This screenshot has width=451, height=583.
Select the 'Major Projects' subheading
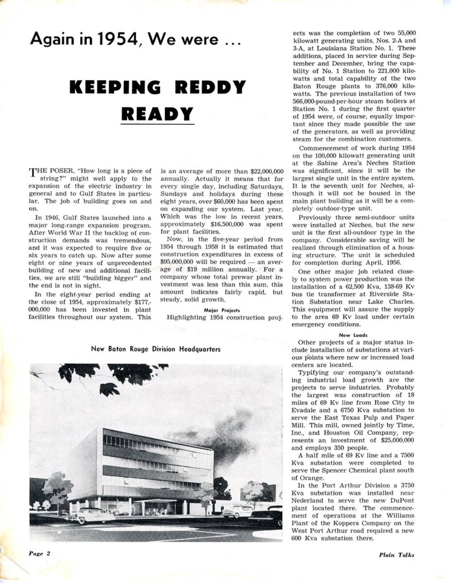[222, 310]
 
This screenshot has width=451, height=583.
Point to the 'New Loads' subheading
[353, 335]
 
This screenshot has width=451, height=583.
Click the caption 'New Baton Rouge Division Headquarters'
[156, 349]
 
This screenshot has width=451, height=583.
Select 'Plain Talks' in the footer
[397, 555]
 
